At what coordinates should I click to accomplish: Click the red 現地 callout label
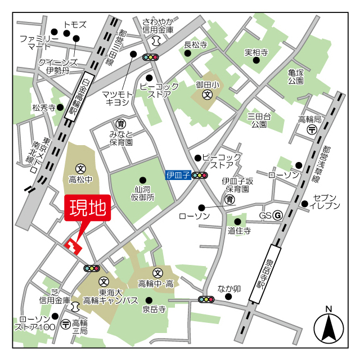[88, 209]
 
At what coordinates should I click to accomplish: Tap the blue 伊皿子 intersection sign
[178, 175]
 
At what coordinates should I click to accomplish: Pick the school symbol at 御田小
[208, 94]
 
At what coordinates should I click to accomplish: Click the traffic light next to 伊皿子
[200, 175]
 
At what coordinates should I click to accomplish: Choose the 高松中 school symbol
[81, 168]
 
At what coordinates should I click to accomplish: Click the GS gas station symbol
[277, 216]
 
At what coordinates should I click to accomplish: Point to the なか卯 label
[229, 289]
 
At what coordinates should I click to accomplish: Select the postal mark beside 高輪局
[312, 130]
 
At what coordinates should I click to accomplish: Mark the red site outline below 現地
[74, 246]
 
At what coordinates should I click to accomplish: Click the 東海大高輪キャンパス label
[110, 296]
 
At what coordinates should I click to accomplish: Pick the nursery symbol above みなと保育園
[120, 124]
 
